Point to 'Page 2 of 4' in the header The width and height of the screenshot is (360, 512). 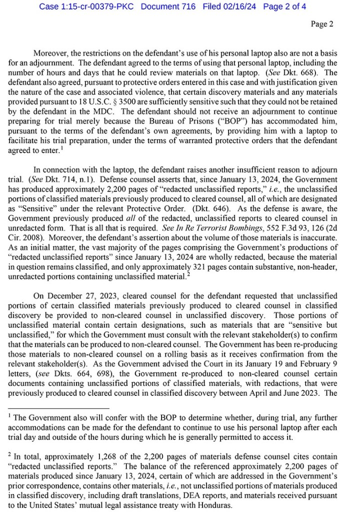tap(284, 7)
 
